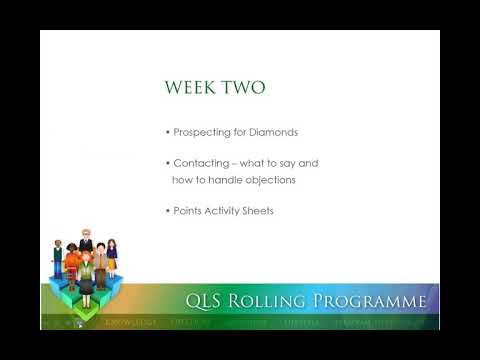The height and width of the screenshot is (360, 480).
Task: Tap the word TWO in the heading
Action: pos(245,88)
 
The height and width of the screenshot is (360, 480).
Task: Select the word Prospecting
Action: pos(205,133)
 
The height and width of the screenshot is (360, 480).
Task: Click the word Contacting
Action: pos(203,163)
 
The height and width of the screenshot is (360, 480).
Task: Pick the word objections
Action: pos(275,179)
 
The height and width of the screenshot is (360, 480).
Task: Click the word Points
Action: pos(190,210)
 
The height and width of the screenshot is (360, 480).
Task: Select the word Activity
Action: pos(230,210)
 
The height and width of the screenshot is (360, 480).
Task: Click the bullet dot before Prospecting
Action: pos(167,133)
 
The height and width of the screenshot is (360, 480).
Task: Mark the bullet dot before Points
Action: pos(167,210)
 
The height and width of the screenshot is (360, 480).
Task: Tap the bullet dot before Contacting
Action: pos(167,163)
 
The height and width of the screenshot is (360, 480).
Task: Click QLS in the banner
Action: pos(208,302)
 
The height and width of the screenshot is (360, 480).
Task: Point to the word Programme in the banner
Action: pos(370,302)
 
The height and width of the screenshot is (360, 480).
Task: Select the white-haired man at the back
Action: pos(86,243)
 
